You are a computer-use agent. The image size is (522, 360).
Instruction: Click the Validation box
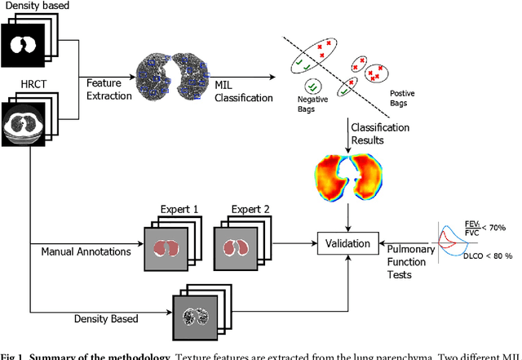[x=349, y=243]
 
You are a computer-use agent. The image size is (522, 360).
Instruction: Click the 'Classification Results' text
[x=379, y=135]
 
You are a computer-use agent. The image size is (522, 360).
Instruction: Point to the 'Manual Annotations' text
[x=86, y=251]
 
